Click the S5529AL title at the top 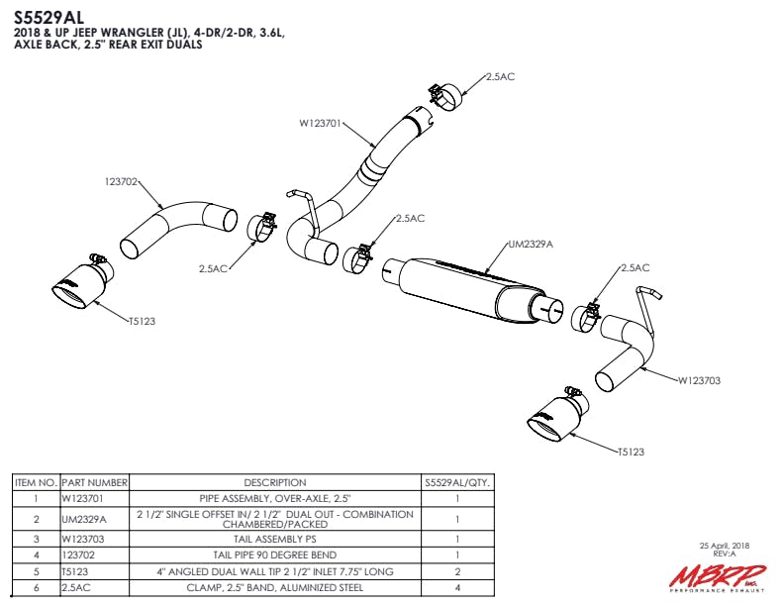[49, 16]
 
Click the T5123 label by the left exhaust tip [142, 320]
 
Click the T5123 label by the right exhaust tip [631, 452]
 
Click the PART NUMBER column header [95, 482]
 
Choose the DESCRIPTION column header [274, 482]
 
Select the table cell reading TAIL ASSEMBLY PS [274, 539]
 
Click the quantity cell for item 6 [457, 587]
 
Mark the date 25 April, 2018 [725, 546]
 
